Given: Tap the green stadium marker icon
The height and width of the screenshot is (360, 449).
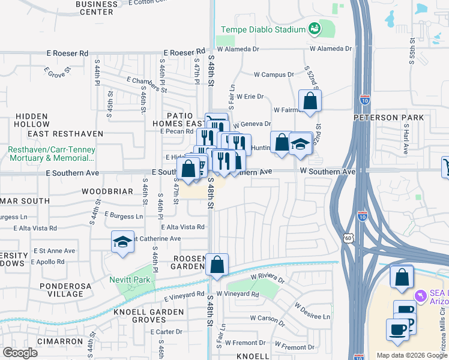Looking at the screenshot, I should [313, 28].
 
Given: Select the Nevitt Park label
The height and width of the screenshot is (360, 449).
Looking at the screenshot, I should [129, 279].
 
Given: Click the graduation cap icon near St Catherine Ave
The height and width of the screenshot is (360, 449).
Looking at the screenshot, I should [122, 242].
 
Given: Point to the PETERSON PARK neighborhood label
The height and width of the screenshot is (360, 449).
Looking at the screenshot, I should [397, 118].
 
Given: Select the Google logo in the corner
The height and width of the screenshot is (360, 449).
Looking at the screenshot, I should [20, 353].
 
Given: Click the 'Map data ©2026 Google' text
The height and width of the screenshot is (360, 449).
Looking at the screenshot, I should [412, 355].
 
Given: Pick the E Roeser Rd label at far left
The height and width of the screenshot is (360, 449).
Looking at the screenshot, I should [67, 53].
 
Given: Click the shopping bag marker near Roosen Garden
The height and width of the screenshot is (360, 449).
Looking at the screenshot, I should [217, 264].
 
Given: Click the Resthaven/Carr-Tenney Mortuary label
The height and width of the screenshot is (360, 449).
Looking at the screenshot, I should [52, 154].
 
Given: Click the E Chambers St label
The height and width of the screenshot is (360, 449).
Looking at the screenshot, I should [146, 84].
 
